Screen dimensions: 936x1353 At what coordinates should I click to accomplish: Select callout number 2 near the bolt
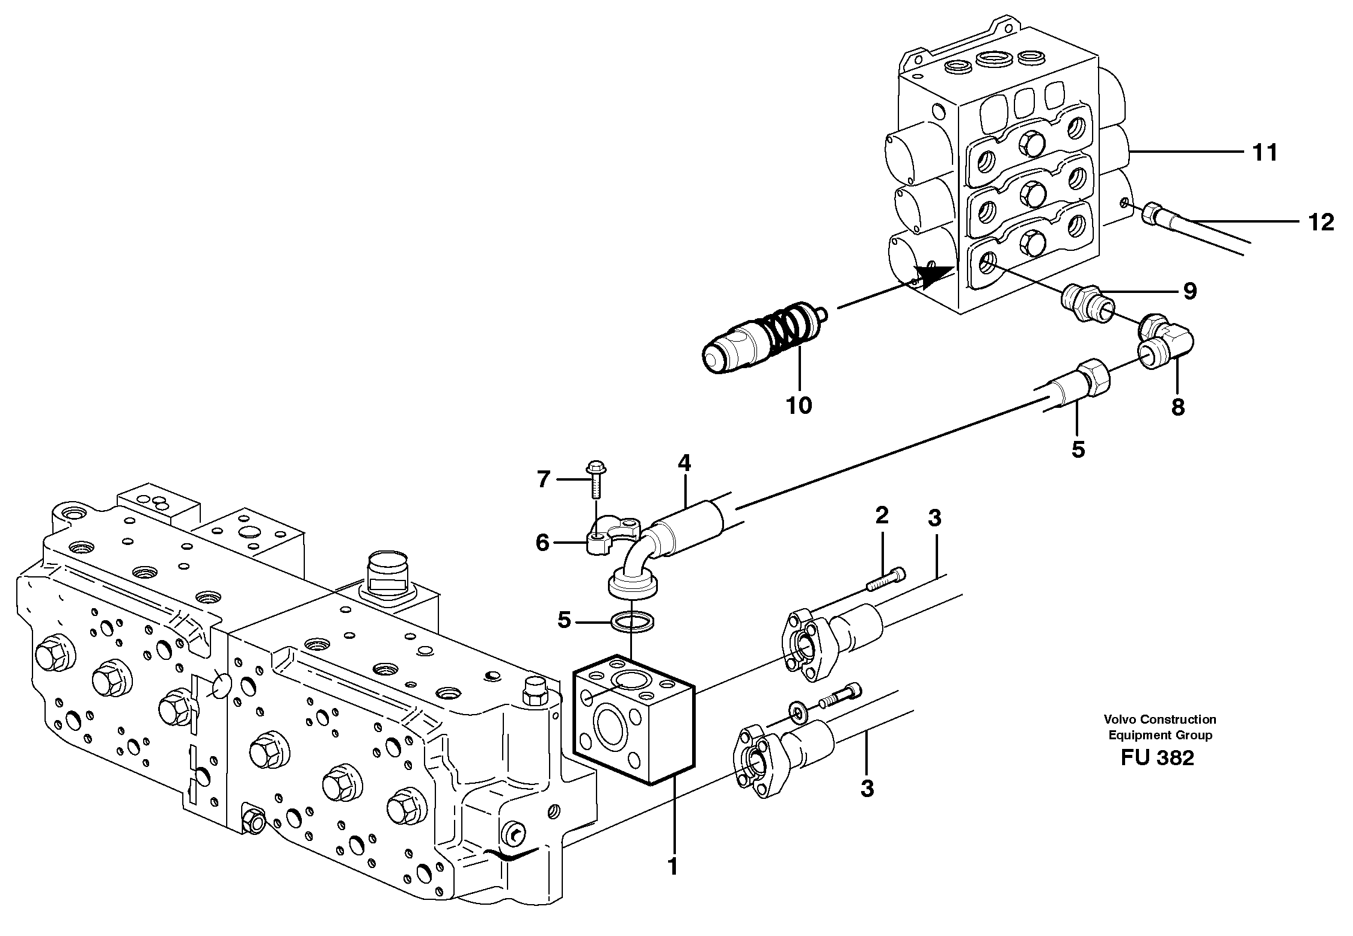(882, 515)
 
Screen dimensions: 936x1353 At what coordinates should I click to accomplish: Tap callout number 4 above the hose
(684, 463)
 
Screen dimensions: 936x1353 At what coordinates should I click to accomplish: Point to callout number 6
(542, 543)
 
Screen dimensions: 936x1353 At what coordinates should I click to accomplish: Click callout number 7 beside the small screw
(543, 479)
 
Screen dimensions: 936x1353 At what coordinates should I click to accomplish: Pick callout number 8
(1177, 407)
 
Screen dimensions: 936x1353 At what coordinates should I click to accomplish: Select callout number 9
(1189, 291)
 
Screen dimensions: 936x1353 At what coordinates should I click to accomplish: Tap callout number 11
(1264, 153)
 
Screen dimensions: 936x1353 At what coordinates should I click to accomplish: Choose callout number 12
(1321, 223)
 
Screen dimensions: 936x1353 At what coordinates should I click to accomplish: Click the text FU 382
(1157, 759)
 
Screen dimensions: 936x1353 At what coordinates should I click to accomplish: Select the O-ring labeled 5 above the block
(633, 621)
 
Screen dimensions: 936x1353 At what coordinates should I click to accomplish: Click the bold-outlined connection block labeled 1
(634, 719)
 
